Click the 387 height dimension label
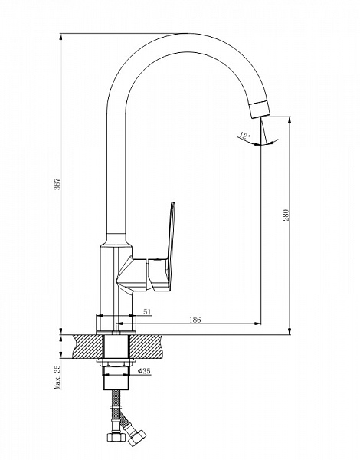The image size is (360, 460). (x=57, y=184)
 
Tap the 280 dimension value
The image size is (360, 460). (x=286, y=215)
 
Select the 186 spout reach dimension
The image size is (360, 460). (x=195, y=320)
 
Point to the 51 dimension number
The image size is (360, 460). (x=147, y=311)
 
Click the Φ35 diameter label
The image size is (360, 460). (x=144, y=371)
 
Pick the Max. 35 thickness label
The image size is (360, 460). (x=57, y=377)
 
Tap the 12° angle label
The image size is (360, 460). (x=244, y=136)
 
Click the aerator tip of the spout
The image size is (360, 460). (x=260, y=109)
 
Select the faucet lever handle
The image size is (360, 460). (x=165, y=246)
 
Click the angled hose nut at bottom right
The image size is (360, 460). (x=136, y=438)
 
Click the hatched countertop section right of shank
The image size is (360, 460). (x=145, y=347)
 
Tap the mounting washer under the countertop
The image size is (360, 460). (x=116, y=360)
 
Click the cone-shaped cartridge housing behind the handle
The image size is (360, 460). (x=132, y=274)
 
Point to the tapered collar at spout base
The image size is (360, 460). (x=116, y=240)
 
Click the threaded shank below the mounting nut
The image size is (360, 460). (x=116, y=378)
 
